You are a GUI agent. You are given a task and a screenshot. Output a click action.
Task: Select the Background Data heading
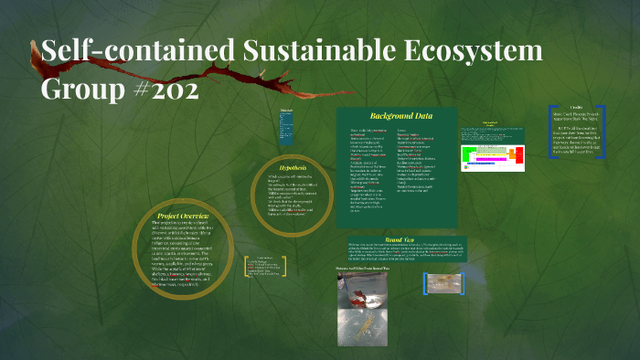[x=400, y=116]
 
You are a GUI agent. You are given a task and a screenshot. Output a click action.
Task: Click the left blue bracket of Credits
[x=551, y=132]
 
